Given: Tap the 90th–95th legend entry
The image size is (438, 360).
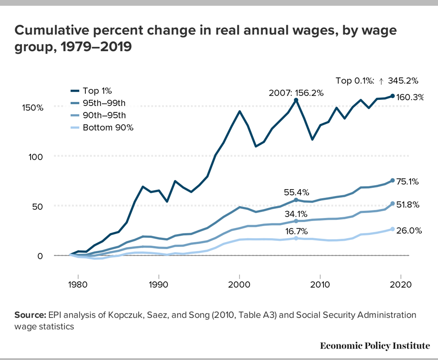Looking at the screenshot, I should tap(104, 116).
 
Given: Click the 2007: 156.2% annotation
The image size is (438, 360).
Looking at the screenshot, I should tap(296, 93).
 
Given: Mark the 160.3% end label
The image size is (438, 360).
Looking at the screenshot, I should tap(410, 97).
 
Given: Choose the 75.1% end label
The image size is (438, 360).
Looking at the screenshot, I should tap(408, 182).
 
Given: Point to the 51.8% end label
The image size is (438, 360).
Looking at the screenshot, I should tap(408, 205).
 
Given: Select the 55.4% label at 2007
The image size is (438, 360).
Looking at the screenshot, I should tap(296, 192).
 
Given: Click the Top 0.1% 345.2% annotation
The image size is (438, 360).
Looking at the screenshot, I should tap(377, 81).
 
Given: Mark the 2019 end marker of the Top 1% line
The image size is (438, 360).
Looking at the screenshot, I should tap(393, 96).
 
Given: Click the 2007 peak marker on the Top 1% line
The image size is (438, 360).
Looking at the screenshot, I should tap(296, 100).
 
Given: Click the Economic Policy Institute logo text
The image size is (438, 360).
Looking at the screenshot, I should tap(375, 346).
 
